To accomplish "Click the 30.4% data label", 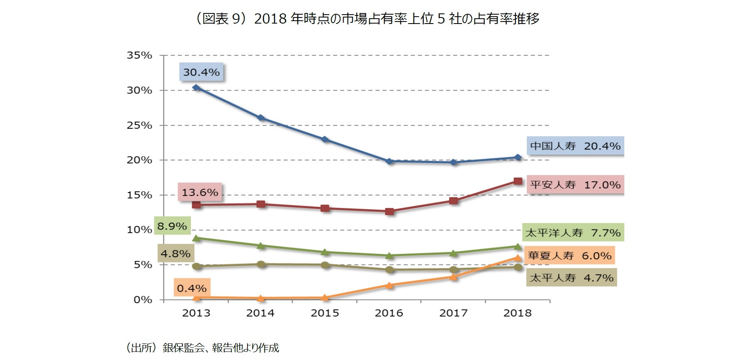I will point(201,72).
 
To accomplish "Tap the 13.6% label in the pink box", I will point(199,192).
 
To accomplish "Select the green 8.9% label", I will point(172,226).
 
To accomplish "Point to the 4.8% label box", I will point(175,254).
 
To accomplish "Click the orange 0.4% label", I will point(192,288).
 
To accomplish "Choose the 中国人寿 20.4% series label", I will point(575,146).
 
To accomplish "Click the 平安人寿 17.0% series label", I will point(575,185).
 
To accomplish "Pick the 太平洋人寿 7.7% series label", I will point(573,233).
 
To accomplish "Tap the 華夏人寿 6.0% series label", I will point(569,256).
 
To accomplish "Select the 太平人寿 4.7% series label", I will point(571,278).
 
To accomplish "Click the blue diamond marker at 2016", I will point(389,161).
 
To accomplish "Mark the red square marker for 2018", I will point(517,181).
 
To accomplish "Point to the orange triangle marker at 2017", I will point(453,277).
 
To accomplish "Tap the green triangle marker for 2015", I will point(325,252).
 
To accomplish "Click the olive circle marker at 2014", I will point(261,264).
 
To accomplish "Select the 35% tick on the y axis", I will point(139,55).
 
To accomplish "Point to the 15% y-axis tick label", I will point(139,195).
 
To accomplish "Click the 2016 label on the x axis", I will point(389,313).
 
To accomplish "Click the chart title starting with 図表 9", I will point(368,19).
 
